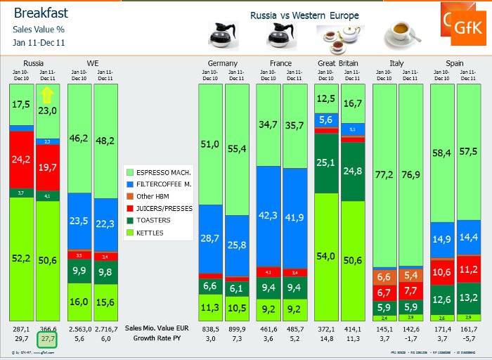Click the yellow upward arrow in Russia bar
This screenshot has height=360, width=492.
click(47, 96)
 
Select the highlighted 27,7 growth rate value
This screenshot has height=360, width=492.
click(47, 339)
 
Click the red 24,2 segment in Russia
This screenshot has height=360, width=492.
click(21, 160)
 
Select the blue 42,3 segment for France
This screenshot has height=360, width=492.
click(268, 216)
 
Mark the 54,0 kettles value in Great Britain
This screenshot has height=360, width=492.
click(326, 256)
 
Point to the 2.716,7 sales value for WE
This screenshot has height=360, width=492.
click(105, 328)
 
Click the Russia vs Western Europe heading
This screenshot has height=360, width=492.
click(304, 15)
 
